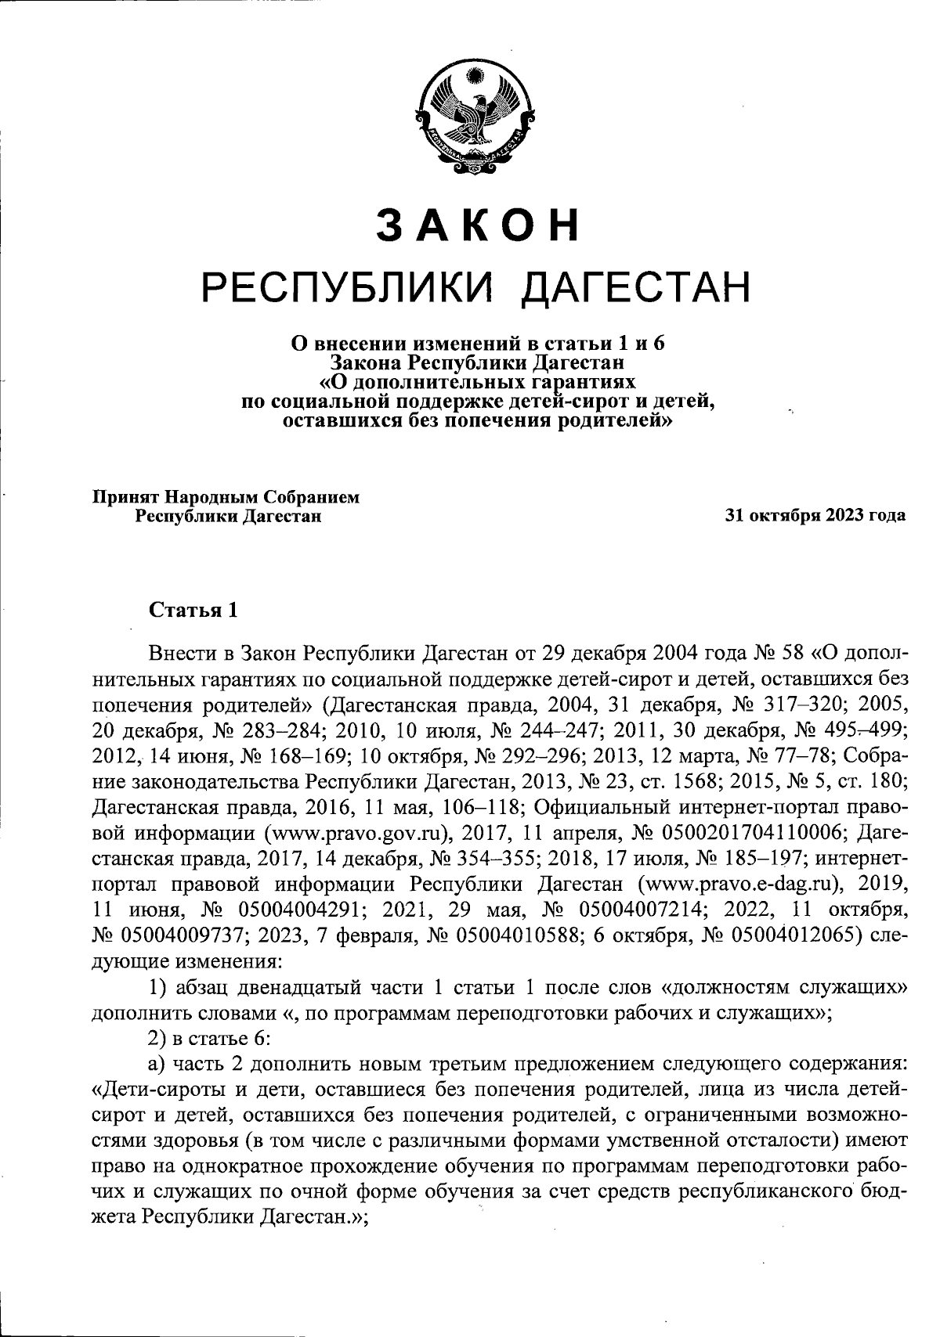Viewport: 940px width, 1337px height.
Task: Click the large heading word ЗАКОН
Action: [x=477, y=225]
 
